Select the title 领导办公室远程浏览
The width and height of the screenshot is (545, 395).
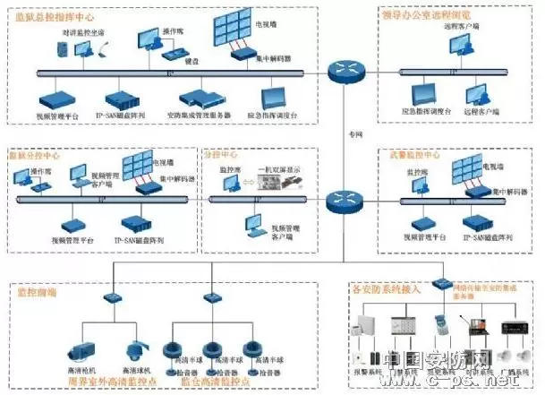425,13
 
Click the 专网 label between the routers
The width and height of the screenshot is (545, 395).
355,133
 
